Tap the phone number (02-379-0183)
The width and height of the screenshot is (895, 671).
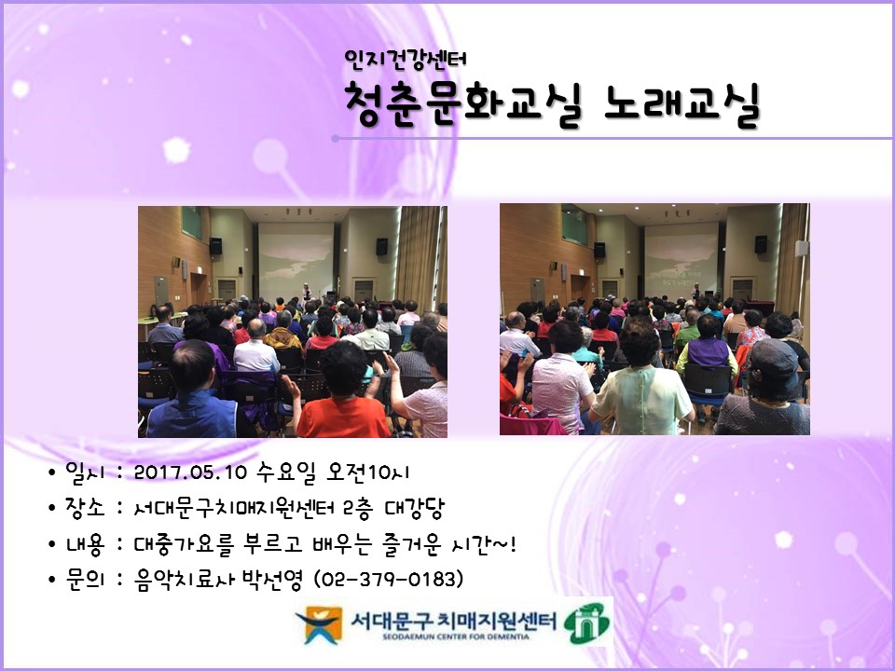pos(389,580)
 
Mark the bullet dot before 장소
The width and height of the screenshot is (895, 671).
pos(52,509)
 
